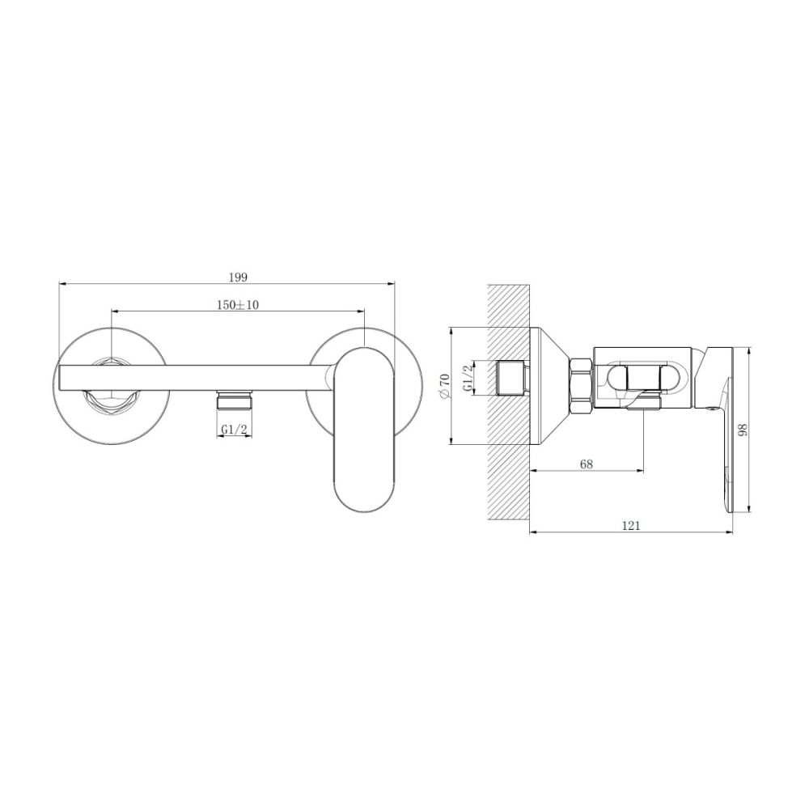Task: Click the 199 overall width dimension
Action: (x=238, y=277)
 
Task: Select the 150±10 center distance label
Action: (x=238, y=304)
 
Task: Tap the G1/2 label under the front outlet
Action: (x=235, y=429)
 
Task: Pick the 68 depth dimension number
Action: (x=586, y=464)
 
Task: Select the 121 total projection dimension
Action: (x=631, y=525)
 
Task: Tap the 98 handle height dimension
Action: (x=743, y=430)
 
